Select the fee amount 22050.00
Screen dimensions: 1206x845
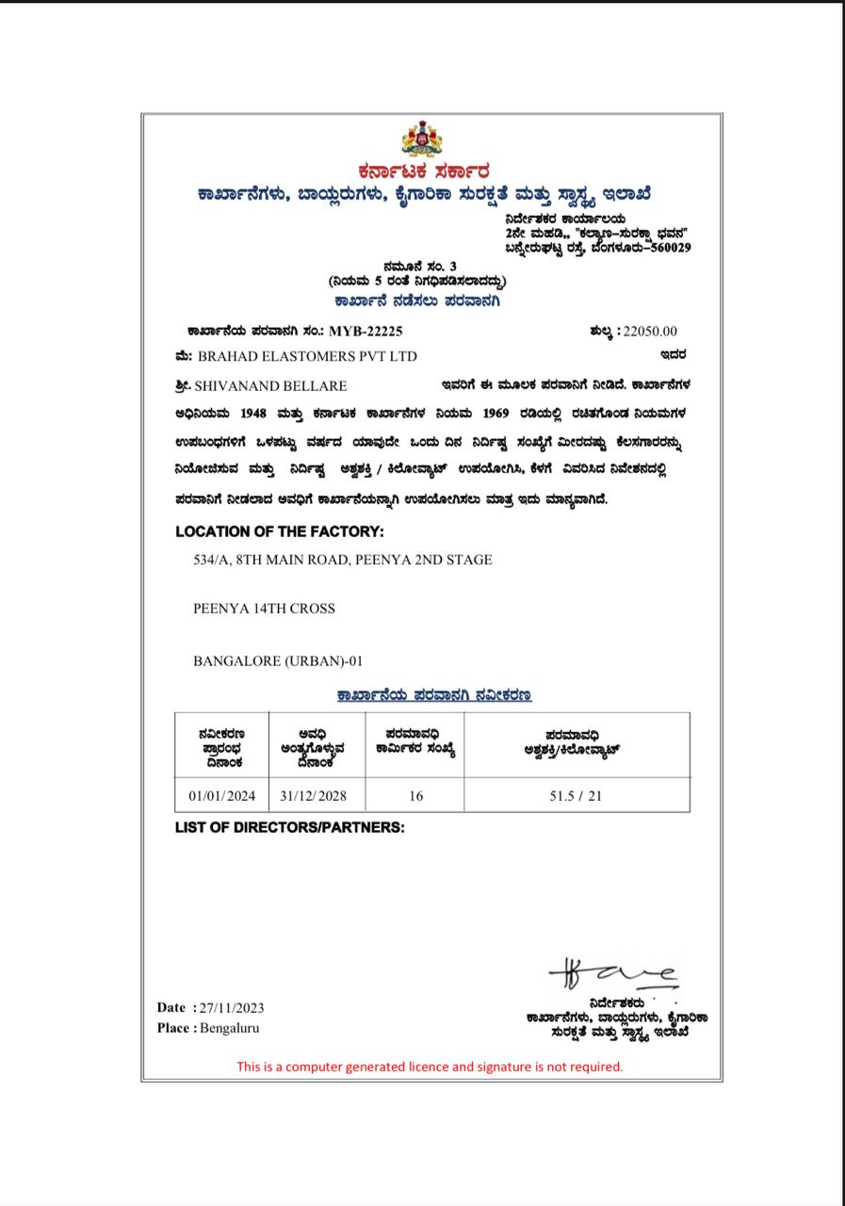[x=647, y=331]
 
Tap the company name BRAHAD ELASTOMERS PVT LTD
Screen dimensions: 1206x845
[x=307, y=356]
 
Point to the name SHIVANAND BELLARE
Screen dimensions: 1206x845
[x=270, y=385]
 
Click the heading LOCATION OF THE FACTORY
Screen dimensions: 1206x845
[x=280, y=531]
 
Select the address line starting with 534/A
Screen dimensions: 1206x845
[x=342, y=560]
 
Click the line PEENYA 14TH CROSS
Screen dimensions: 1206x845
[x=264, y=609]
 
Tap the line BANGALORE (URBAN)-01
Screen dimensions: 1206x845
[x=278, y=660]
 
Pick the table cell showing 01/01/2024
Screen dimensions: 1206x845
[x=222, y=795]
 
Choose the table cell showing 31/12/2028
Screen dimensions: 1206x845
[x=314, y=795]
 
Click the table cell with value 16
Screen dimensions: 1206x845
[x=415, y=795]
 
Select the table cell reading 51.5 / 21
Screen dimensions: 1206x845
[x=576, y=795]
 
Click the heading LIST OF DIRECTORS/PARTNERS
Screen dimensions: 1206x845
[x=289, y=827]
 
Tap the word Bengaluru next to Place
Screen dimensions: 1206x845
[x=230, y=1028]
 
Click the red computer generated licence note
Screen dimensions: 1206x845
[x=430, y=1067]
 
